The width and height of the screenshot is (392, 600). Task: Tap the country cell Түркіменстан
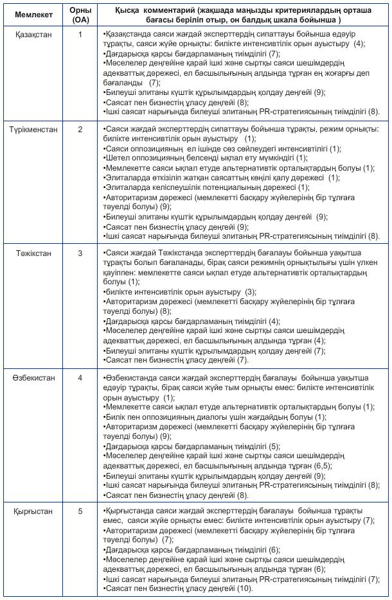(33, 130)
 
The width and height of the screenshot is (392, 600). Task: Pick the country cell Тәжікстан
(33, 253)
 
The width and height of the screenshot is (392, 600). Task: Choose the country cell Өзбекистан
(33, 377)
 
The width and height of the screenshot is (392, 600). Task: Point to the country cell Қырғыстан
(33, 511)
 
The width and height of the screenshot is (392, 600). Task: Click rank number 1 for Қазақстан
(80, 34)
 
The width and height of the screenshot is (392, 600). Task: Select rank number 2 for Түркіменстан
(80, 130)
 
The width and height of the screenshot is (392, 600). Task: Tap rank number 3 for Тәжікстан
(80, 253)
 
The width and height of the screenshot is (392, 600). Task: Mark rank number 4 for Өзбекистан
(80, 377)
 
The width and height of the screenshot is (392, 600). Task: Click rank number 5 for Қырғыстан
(80, 511)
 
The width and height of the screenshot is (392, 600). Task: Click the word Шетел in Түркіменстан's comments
(116, 158)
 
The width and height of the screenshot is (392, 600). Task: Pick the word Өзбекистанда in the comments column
(130, 378)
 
